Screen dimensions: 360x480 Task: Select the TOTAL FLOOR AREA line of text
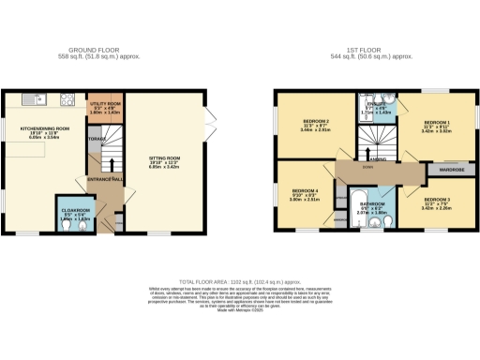[x=240, y=278]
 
